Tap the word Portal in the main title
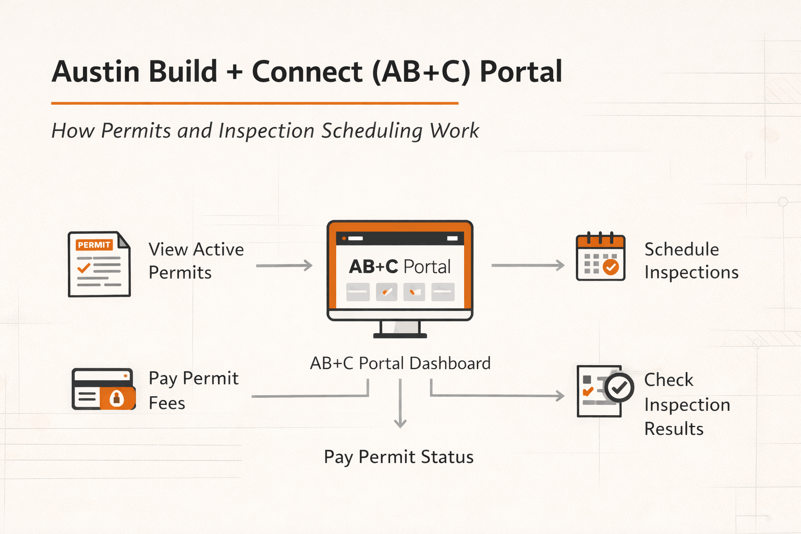(x=520, y=71)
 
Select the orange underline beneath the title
(x=254, y=103)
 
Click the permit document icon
(x=99, y=264)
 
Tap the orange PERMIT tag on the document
(x=94, y=245)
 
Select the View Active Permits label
(x=196, y=261)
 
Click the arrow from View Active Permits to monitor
(x=284, y=265)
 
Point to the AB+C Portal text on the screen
(x=399, y=266)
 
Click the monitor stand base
(x=400, y=335)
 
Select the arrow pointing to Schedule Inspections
(x=528, y=265)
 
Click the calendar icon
(x=600, y=257)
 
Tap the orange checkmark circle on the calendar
(x=611, y=267)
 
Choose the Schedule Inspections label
(x=691, y=261)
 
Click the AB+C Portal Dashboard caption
(x=400, y=363)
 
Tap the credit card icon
(x=103, y=389)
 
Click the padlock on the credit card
(x=116, y=398)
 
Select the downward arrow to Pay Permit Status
(x=400, y=404)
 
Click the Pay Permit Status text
(x=398, y=457)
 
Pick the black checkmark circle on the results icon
(x=619, y=387)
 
